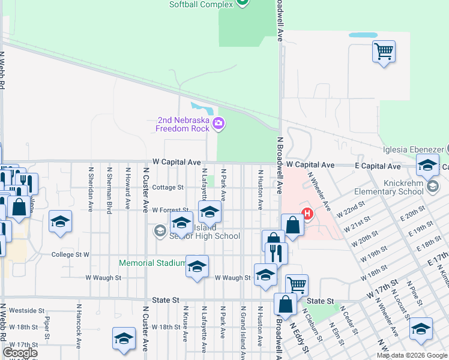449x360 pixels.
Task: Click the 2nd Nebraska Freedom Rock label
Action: (182, 124)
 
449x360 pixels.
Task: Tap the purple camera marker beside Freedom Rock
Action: (218, 124)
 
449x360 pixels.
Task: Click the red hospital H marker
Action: (308, 213)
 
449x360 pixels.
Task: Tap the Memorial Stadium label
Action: (152, 263)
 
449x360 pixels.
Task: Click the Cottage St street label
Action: (167, 187)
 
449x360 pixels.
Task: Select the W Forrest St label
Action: (170, 210)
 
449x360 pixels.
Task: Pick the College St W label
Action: (70, 254)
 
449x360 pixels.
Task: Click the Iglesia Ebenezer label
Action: (413, 149)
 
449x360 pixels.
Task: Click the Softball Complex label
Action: (200, 4)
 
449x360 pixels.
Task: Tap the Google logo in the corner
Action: (20, 352)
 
